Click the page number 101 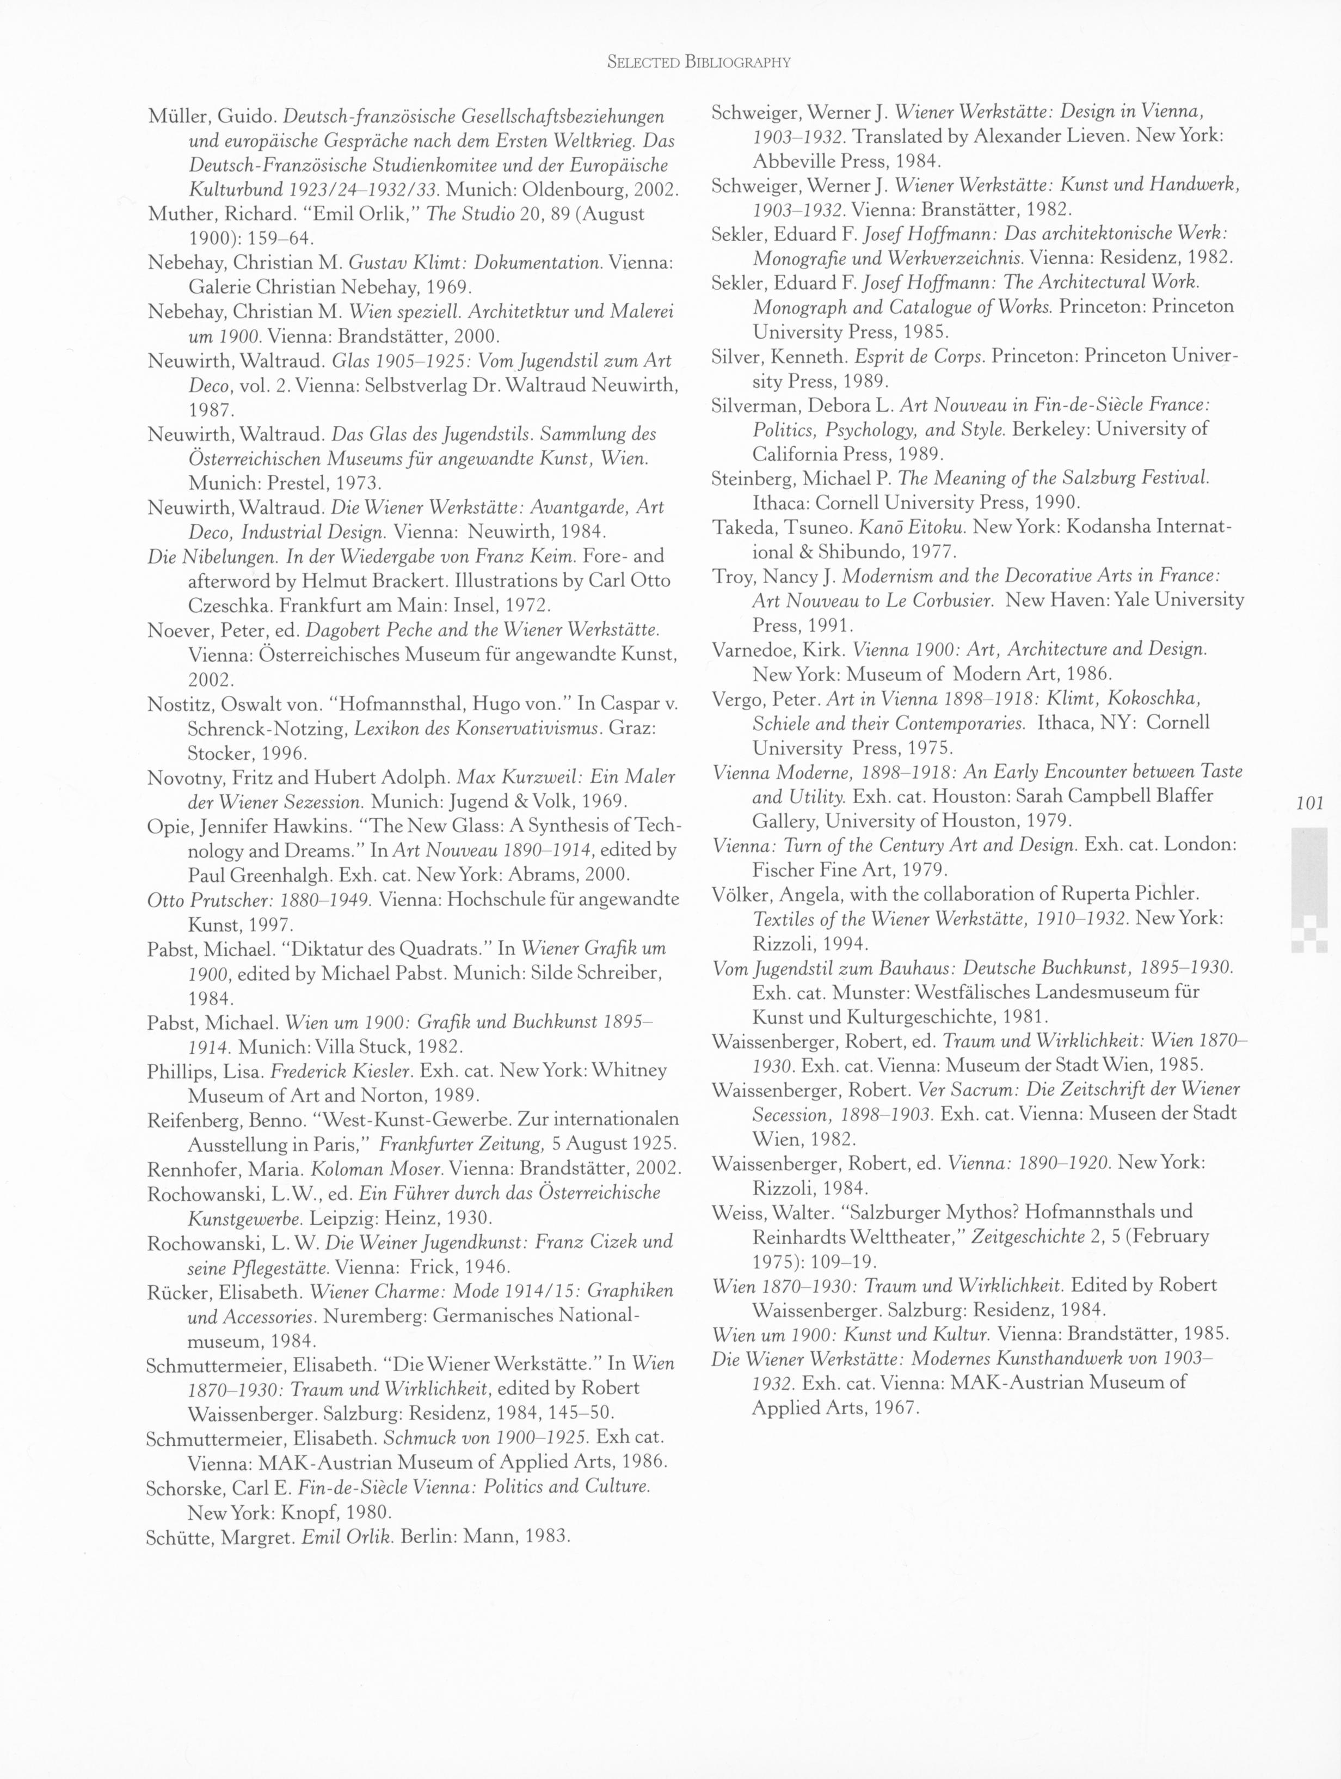1309,803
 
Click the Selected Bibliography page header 699,62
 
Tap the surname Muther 177,215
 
